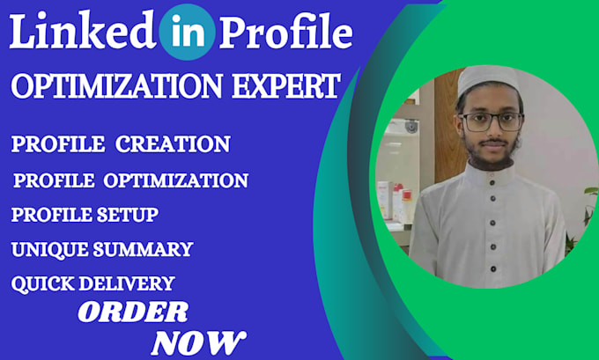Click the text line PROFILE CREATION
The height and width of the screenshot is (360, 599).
121,143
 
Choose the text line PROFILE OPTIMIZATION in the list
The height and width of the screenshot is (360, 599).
130,180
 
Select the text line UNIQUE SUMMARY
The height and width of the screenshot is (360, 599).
101,249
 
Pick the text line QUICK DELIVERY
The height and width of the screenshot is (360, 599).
92,283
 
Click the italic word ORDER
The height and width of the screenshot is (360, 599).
133,311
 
